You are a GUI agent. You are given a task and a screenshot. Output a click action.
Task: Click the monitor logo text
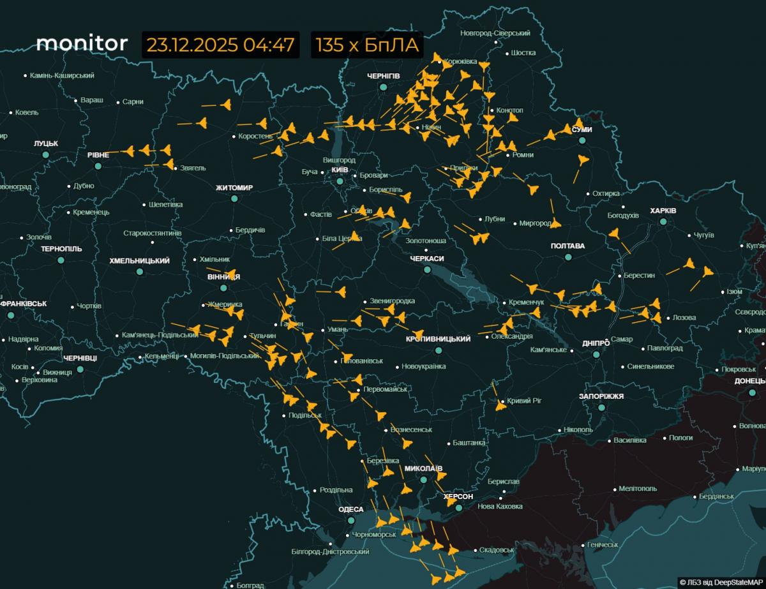(82, 43)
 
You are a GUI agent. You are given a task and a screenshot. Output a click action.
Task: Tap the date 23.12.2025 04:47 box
(220, 45)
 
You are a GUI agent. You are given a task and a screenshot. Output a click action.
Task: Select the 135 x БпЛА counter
(366, 45)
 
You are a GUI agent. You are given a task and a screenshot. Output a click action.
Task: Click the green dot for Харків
(663, 221)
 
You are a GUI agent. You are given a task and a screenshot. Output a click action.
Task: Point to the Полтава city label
(567, 246)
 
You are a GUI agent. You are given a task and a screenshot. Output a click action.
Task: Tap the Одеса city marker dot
(350, 520)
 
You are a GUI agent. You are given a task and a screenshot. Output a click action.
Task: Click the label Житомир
(234, 188)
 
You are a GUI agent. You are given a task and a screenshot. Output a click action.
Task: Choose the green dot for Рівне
(98, 166)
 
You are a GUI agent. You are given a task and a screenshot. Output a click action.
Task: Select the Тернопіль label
(61, 249)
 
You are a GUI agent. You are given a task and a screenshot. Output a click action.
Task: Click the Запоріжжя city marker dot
(601, 407)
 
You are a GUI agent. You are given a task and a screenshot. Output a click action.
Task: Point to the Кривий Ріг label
(524, 401)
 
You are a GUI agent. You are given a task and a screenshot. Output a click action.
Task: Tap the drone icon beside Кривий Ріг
(500, 405)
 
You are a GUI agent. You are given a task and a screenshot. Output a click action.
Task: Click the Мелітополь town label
(638, 489)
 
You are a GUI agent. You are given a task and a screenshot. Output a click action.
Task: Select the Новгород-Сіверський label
(495, 33)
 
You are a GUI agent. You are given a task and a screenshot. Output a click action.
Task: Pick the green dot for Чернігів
(383, 87)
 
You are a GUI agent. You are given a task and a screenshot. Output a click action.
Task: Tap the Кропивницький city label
(438, 339)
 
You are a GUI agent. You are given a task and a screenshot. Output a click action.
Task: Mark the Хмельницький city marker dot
(140, 271)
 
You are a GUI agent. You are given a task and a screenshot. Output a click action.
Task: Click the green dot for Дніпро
(596, 354)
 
